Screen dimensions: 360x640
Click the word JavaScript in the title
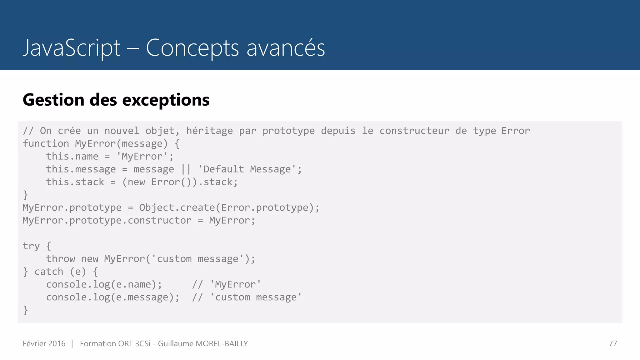click(x=72, y=48)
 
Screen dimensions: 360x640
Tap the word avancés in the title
click(x=286, y=48)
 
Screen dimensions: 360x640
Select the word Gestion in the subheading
click(x=53, y=100)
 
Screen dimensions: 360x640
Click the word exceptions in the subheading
click(x=166, y=100)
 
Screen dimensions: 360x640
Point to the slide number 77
click(x=613, y=343)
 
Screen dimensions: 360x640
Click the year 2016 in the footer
click(x=57, y=343)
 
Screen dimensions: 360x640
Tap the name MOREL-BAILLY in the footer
click(x=222, y=343)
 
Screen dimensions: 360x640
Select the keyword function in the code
click(x=46, y=143)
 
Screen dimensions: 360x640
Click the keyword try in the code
click(x=31, y=246)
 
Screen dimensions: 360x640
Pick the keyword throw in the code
click(x=60, y=259)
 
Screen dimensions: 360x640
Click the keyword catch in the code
click(x=48, y=272)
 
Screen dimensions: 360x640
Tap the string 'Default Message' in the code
click(x=247, y=169)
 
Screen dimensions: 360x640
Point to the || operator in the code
click(x=186, y=169)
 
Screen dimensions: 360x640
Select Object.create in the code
click(x=177, y=207)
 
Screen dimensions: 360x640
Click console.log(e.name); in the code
click(x=104, y=284)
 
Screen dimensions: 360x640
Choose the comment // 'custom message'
click(x=247, y=297)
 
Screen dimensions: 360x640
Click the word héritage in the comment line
click(x=209, y=131)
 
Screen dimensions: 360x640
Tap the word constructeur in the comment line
click(x=414, y=131)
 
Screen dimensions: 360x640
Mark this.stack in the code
click(x=75, y=182)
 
